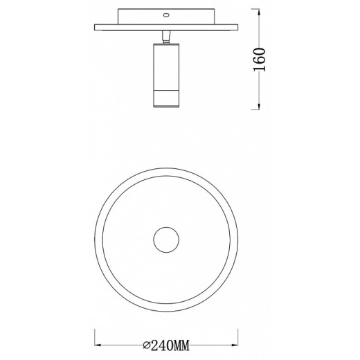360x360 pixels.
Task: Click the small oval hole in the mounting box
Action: coord(166,15)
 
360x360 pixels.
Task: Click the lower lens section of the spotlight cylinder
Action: coord(166,98)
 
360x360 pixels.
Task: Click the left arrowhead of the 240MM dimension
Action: coord(98,344)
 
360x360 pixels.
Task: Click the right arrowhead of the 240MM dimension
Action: coord(237,344)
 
